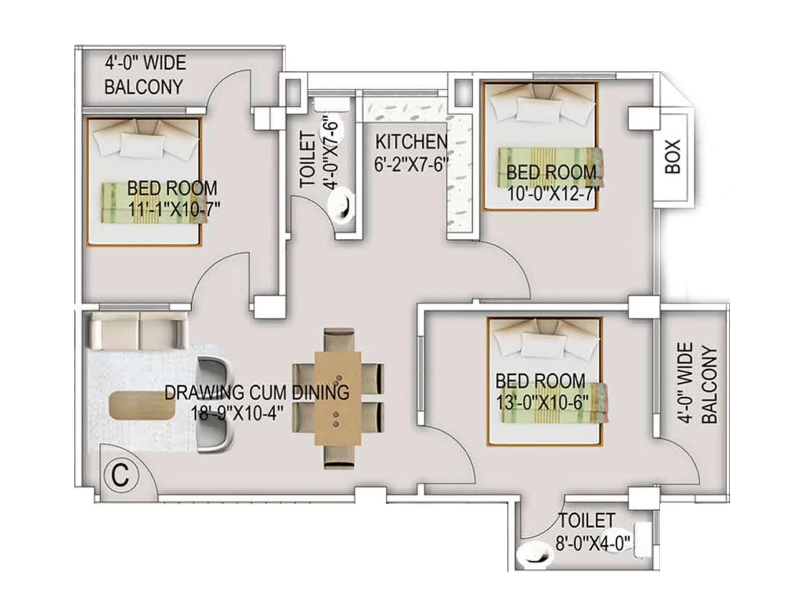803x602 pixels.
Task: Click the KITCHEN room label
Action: (411, 142)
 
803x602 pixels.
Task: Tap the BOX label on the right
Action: (673, 157)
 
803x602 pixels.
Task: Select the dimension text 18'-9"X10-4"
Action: (237, 413)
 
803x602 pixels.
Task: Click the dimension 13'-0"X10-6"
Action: (542, 402)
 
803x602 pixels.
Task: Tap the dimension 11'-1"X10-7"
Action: (174, 209)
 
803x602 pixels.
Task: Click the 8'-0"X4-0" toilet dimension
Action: (593, 543)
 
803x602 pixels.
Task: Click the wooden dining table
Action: (338, 398)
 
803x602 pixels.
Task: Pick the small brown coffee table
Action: (142, 405)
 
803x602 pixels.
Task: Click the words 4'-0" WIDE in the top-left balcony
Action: (145, 63)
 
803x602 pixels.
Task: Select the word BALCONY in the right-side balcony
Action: (709, 384)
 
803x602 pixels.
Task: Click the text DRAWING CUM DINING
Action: (256, 392)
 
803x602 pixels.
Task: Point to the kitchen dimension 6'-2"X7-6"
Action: (411, 164)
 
